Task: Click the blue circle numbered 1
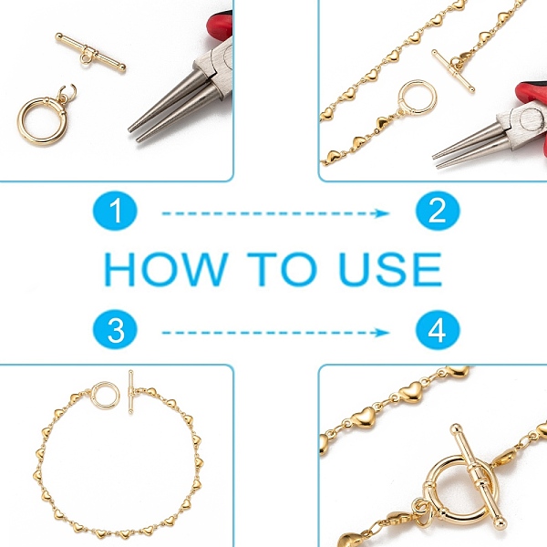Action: [115, 211]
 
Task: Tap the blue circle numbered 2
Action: [438, 211]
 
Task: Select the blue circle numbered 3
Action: [115, 329]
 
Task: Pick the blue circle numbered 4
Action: [438, 329]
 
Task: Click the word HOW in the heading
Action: [167, 269]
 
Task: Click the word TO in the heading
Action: [282, 269]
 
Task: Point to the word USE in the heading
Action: [390, 269]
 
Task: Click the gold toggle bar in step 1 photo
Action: [90, 52]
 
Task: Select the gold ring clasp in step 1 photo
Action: [43, 120]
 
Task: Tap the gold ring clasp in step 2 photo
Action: [418, 98]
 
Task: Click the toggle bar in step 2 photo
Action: [453, 71]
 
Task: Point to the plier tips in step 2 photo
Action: [436, 161]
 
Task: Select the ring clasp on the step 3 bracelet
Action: [105, 396]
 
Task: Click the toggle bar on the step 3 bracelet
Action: [130, 392]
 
